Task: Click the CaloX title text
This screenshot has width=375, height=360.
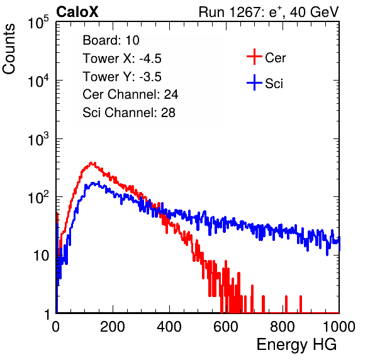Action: coord(77,12)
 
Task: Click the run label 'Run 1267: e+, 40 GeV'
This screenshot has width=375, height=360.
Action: coord(269,12)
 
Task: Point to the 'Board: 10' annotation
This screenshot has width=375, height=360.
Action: coord(111,40)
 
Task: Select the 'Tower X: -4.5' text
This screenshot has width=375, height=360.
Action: coord(122,59)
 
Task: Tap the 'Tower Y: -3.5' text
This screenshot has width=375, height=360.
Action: coord(122,77)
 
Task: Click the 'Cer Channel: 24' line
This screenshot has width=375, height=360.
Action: coord(130,94)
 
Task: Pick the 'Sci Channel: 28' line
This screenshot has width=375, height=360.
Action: coord(129,113)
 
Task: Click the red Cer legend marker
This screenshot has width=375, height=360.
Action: coord(254,57)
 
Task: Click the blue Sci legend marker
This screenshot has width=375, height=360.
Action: coord(254,83)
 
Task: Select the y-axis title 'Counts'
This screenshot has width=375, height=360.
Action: coord(9,49)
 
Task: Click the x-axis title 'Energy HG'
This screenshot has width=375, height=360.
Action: coord(296,345)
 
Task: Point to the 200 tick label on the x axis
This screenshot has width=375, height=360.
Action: coord(113,327)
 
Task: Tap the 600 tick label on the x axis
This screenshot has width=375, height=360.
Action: coord(226,327)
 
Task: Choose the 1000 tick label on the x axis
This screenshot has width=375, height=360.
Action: coord(339,327)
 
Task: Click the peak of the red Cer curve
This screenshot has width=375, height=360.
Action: coord(91,163)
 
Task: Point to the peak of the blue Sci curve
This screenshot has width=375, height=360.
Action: coord(98,183)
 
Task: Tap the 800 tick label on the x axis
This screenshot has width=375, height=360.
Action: coord(283,327)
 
